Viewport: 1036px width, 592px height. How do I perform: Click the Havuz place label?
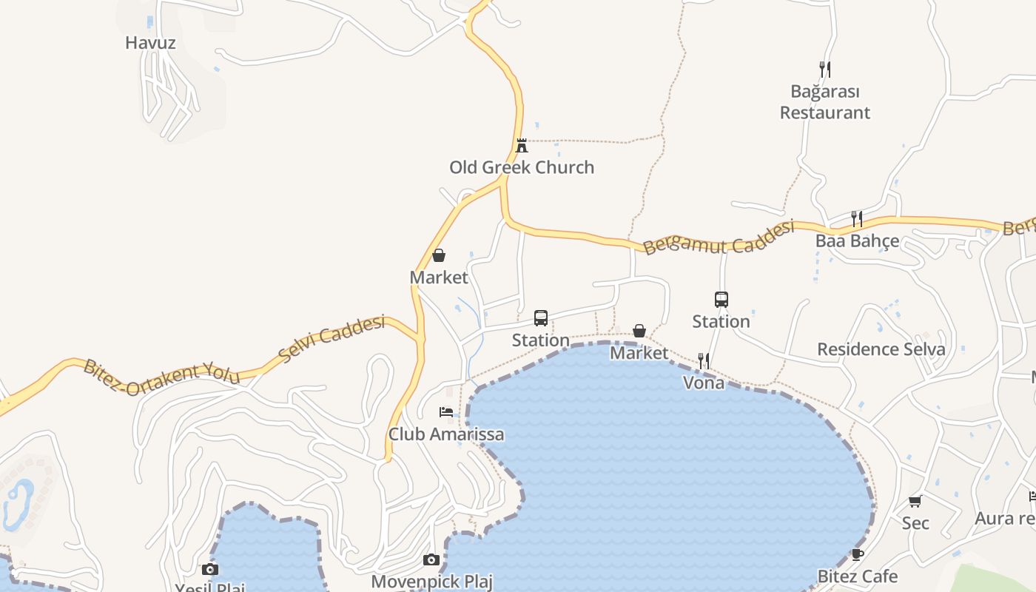[150, 43]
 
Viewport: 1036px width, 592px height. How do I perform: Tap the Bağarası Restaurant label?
[825, 102]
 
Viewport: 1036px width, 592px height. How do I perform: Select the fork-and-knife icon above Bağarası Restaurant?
[825, 70]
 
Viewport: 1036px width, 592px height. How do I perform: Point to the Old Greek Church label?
[522, 167]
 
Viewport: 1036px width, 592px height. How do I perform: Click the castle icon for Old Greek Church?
[522, 145]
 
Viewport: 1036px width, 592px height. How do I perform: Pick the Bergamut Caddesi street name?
[718, 238]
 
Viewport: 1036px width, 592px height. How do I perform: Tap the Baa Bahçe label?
[857, 241]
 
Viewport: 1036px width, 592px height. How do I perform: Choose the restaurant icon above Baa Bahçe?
[857, 219]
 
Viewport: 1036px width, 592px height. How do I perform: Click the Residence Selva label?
[881, 349]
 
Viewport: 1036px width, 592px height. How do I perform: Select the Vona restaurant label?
[703, 383]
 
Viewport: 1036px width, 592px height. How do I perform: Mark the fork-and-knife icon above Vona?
[703, 361]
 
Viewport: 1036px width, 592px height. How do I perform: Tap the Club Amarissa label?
[446, 434]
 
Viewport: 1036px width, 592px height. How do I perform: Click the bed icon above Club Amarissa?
[446, 412]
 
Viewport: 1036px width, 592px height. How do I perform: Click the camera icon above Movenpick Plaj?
[431, 559]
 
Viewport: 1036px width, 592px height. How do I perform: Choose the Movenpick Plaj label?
[431, 582]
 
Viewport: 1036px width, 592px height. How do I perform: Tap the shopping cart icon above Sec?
[915, 502]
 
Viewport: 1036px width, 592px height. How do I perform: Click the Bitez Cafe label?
[857, 576]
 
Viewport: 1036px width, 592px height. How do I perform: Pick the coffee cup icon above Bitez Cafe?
[857, 554]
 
